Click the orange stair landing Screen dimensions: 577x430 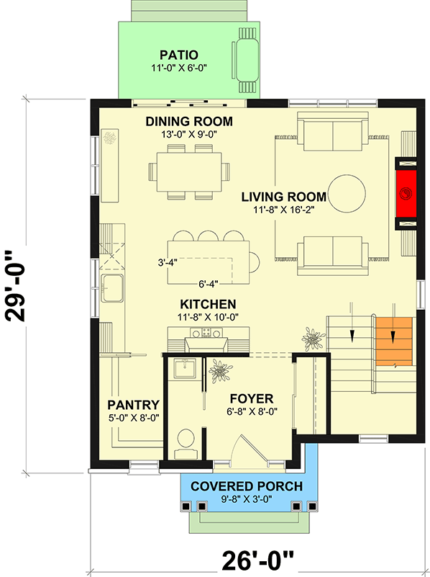[x=393, y=340]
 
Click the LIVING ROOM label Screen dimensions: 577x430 [x=283, y=196]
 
